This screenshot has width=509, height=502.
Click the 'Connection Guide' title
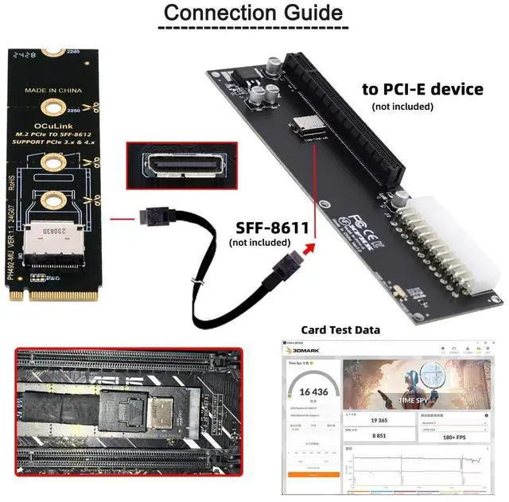coord(254,14)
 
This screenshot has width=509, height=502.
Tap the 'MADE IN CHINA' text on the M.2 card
coord(53,91)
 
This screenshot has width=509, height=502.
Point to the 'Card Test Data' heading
coord(340,329)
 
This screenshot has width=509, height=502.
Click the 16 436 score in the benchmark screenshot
coord(311,391)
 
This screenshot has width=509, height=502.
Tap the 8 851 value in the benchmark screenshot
coord(379,436)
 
